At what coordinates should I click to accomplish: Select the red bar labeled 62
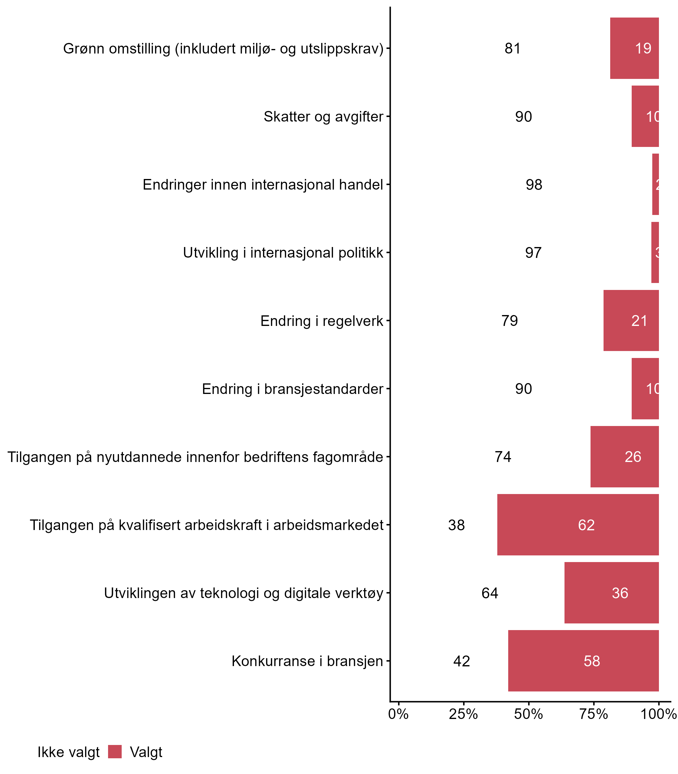point(578,525)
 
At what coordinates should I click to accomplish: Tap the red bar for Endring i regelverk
point(631,320)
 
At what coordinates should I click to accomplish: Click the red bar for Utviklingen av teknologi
point(611,593)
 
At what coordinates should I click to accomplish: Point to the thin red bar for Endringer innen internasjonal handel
point(655,184)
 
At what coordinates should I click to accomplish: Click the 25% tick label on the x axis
point(463,714)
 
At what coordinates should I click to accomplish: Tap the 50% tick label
point(528,714)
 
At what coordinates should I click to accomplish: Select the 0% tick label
point(398,714)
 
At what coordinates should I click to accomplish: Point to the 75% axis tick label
point(594,714)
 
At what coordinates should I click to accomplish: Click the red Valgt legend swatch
point(115,751)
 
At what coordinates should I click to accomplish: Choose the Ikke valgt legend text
point(68,752)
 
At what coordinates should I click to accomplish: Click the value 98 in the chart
point(534,185)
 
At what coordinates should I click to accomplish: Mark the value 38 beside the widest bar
point(456,525)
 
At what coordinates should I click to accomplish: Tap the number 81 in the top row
point(513,49)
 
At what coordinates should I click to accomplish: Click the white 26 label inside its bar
point(633,457)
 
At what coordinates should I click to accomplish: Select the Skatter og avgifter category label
point(324,117)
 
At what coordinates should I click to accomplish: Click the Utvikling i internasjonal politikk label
point(283,253)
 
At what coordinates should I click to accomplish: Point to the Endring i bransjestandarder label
point(292,389)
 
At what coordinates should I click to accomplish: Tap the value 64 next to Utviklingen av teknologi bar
point(490,593)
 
